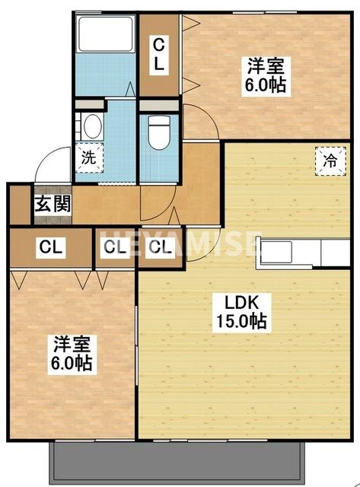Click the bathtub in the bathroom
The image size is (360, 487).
(x=106, y=33)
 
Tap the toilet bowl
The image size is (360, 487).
(x=159, y=132)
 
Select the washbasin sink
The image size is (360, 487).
(x=93, y=126)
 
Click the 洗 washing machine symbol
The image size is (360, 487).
(x=89, y=158)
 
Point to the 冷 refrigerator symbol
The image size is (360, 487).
(x=330, y=161)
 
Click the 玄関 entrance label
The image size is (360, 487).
(x=53, y=204)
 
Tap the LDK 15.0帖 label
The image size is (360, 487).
(x=242, y=313)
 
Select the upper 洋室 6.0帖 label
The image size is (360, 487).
(x=266, y=76)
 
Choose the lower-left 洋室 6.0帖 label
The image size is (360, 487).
(x=72, y=354)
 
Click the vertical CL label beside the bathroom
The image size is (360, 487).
(x=159, y=56)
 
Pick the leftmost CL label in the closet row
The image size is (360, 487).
(x=51, y=247)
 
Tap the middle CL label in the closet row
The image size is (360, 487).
(x=115, y=247)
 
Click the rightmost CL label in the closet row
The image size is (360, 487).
(x=161, y=247)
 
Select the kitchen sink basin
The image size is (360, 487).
(x=276, y=252)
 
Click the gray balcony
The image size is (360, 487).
(x=177, y=463)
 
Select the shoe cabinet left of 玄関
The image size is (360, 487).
(x=20, y=205)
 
